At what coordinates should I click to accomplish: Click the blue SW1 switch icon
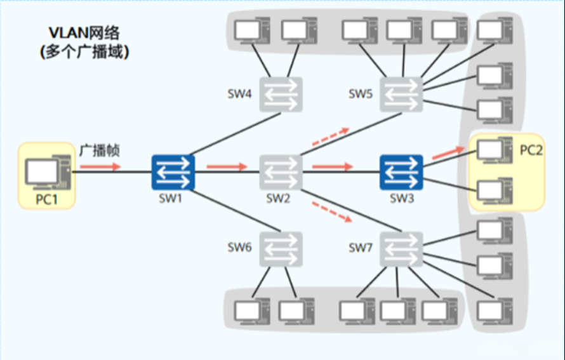pyautogui.click(x=173, y=172)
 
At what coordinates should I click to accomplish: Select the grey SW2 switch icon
pyautogui.click(x=281, y=172)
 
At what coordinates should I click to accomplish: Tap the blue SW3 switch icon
pyautogui.click(x=401, y=172)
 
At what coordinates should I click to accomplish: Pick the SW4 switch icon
pyautogui.click(x=281, y=95)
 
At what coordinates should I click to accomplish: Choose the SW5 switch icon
pyautogui.click(x=401, y=95)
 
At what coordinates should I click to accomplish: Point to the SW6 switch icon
pyautogui.click(x=281, y=250)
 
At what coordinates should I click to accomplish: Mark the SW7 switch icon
pyautogui.click(x=401, y=250)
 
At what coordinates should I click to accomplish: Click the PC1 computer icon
pyautogui.click(x=48, y=172)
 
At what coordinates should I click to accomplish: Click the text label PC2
pyautogui.click(x=531, y=150)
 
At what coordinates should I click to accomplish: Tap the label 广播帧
pyautogui.click(x=100, y=150)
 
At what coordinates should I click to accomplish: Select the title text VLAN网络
pyautogui.click(x=84, y=33)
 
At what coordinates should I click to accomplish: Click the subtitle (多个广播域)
pyautogui.click(x=84, y=52)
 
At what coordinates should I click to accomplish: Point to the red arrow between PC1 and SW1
pyautogui.click(x=100, y=166)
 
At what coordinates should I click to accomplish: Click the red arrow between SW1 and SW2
pyautogui.click(x=227, y=166)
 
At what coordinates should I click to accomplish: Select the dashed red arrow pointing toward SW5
pyautogui.click(x=331, y=137)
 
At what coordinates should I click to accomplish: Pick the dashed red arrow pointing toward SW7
pyautogui.click(x=332, y=212)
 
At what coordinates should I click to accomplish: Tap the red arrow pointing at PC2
pyautogui.click(x=448, y=152)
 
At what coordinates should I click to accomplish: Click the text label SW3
pyautogui.click(x=402, y=198)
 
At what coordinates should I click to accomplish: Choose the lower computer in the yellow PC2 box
pyautogui.click(x=495, y=191)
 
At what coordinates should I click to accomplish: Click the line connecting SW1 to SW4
pyautogui.click(x=235, y=134)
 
